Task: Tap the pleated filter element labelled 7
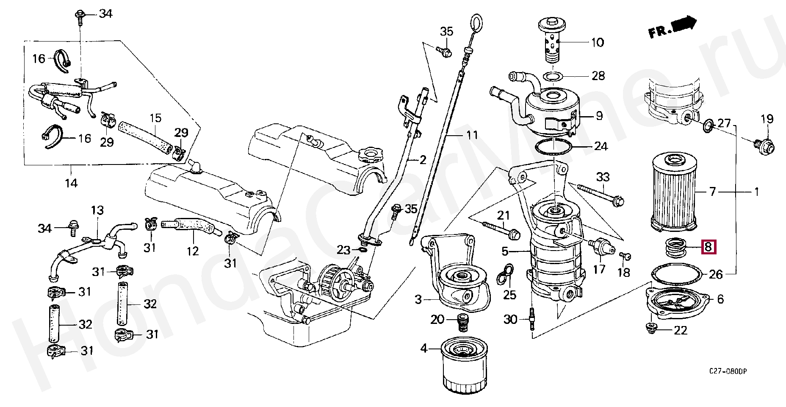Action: pos(673,192)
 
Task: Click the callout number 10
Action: pos(597,42)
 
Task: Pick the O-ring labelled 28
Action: pos(553,77)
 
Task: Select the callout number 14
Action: pos(71,184)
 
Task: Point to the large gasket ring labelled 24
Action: pos(554,147)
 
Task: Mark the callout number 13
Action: pos(97,210)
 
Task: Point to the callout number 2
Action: pos(423,160)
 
